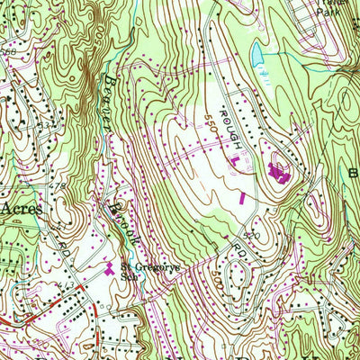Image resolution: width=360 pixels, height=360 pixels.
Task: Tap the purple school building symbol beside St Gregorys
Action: click(109, 267)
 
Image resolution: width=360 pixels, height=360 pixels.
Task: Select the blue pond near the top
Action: click(258, 54)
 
